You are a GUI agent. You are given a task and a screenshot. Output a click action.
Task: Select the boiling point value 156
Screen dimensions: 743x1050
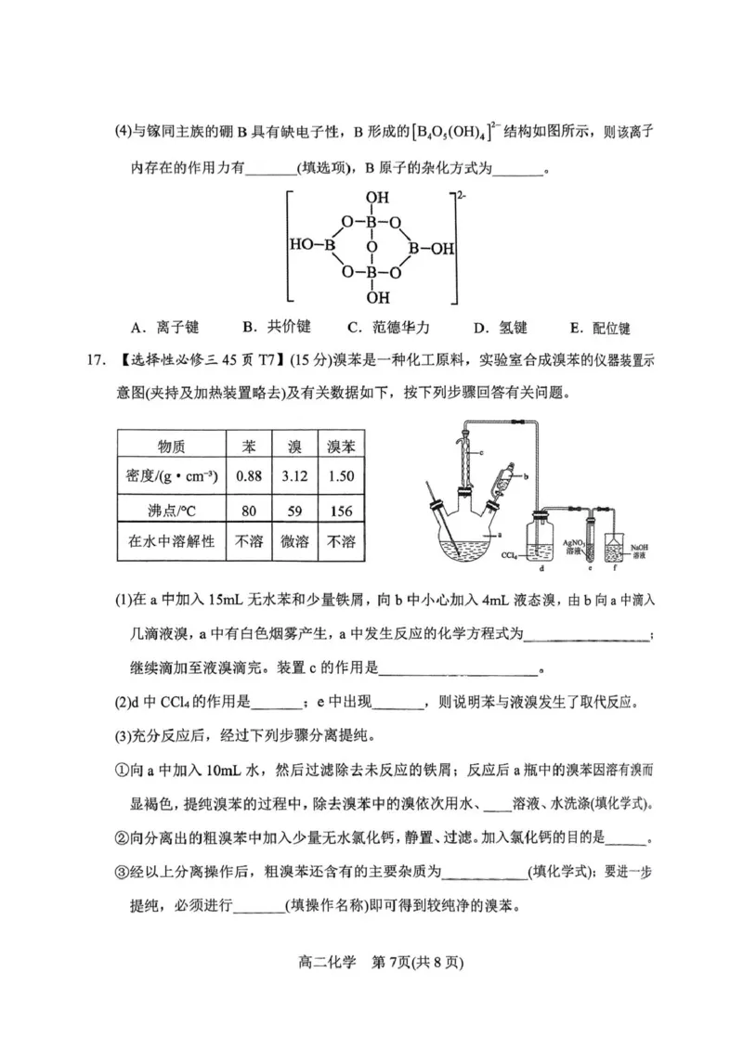[341, 510]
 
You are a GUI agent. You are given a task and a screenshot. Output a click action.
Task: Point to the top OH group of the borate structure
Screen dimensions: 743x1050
[376, 198]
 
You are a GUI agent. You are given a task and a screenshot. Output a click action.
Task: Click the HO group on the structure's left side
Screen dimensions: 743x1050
[303, 248]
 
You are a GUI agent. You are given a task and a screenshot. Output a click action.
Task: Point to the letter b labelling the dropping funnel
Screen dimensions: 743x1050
[527, 475]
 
